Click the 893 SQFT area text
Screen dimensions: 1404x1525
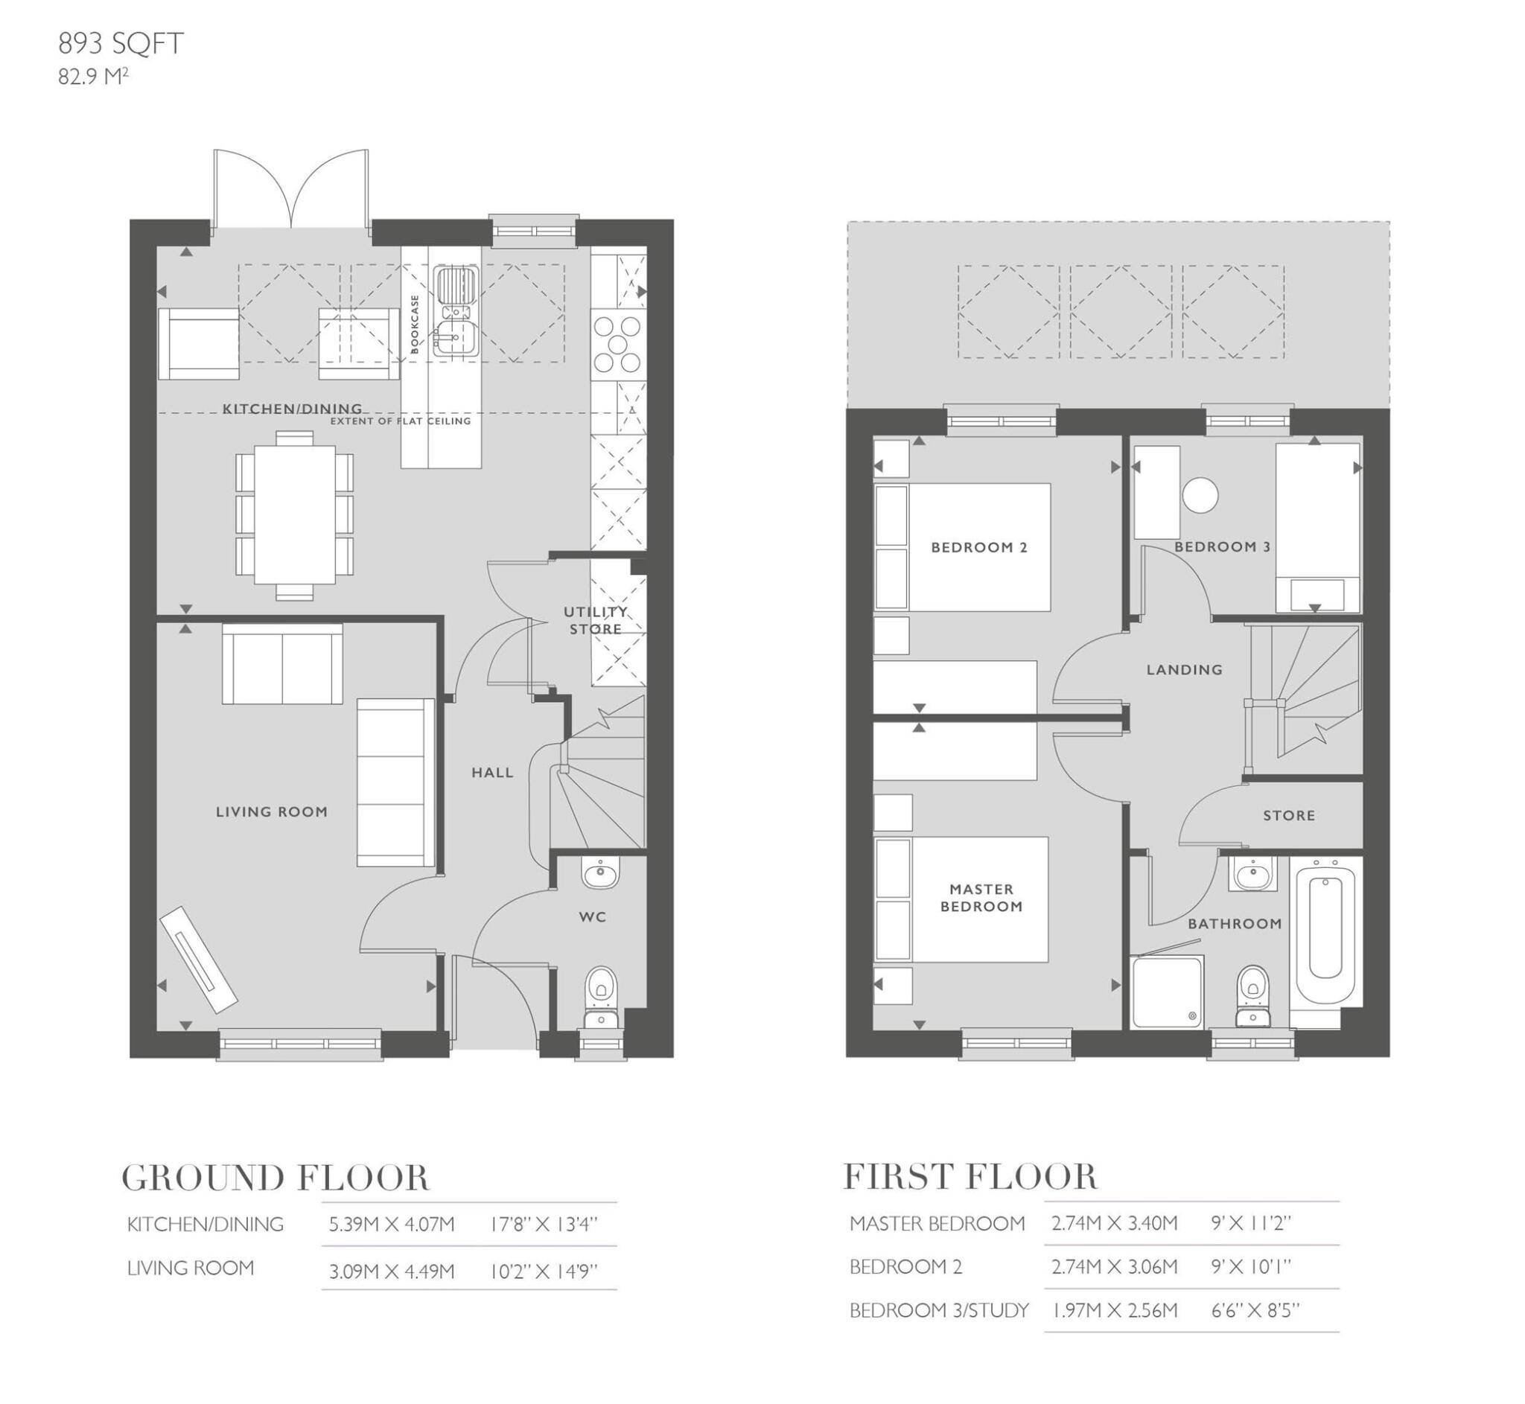pyautogui.click(x=121, y=44)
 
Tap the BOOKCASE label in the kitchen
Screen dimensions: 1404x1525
pyautogui.click(x=415, y=325)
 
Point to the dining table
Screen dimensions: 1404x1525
pyautogui.click(x=294, y=514)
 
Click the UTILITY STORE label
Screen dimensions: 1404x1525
pyautogui.click(x=596, y=620)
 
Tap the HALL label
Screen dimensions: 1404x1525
pyautogui.click(x=492, y=773)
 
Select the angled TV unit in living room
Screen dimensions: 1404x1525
pyautogui.click(x=199, y=959)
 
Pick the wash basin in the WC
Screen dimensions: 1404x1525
pyautogui.click(x=600, y=874)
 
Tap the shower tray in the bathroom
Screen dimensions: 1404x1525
pyautogui.click(x=1166, y=992)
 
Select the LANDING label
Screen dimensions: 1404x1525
pyautogui.click(x=1184, y=669)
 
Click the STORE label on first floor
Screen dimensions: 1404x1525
pyautogui.click(x=1289, y=815)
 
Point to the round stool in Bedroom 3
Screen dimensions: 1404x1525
pyautogui.click(x=1200, y=494)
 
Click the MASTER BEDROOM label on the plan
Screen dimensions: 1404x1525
pyautogui.click(x=981, y=897)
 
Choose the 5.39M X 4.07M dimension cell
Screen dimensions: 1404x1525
pyautogui.click(x=392, y=1225)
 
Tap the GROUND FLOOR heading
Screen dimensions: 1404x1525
pyautogui.click(x=275, y=1178)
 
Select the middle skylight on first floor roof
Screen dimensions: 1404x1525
pyautogui.click(x=1120, y=311)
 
